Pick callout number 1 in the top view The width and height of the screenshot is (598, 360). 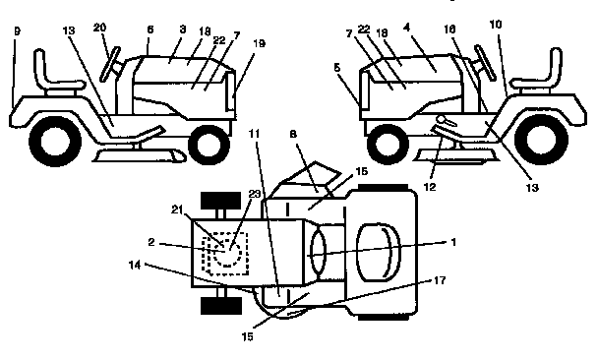[453, 240]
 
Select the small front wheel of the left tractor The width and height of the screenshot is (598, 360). [208, 146]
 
